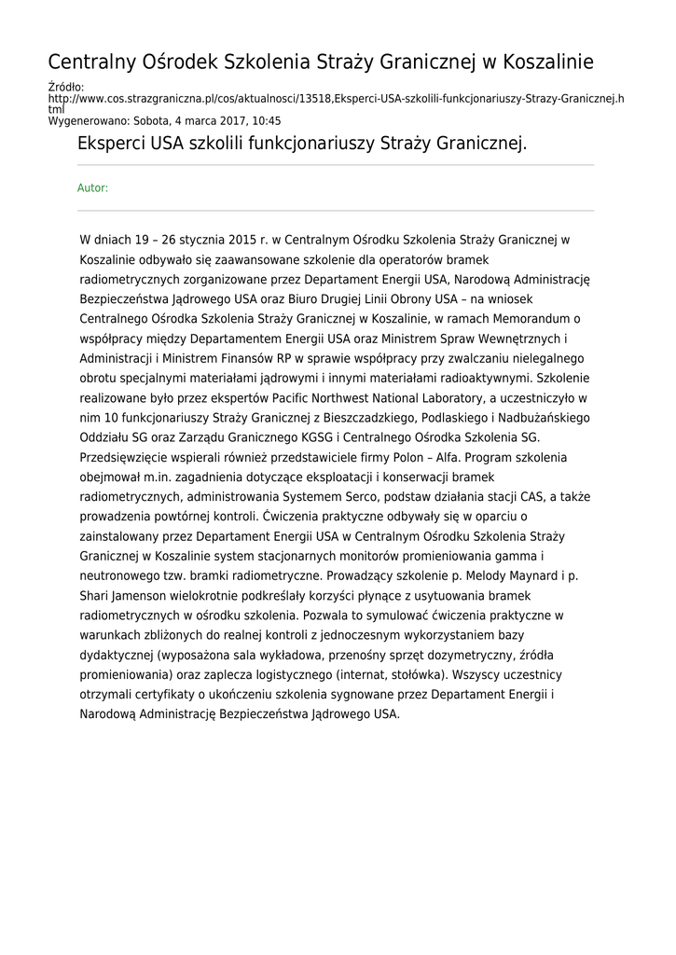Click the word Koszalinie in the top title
(548, 62)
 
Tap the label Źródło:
(65, 87)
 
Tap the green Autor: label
(92, 188)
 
